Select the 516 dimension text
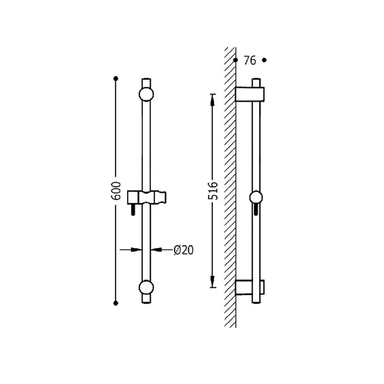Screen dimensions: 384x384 pos(213,191)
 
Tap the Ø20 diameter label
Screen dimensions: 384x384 pos(184,250)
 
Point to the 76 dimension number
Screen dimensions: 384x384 pos(250,60)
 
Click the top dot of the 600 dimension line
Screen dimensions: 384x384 pos(116,79)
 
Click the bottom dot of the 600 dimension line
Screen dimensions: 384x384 pos(116,303)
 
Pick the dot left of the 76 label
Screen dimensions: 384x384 pos(236,60)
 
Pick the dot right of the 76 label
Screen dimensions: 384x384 pos(264,60)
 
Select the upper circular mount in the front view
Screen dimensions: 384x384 pos(146,94)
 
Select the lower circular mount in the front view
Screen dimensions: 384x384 pos(146,288)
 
